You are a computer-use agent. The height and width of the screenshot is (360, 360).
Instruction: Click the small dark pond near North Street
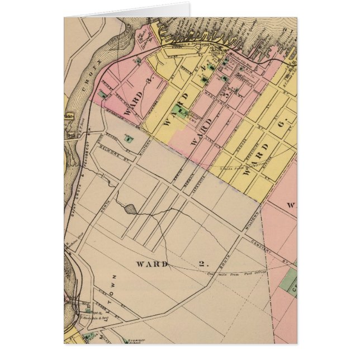130,209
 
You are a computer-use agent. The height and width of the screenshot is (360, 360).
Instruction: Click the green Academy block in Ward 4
180,111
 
